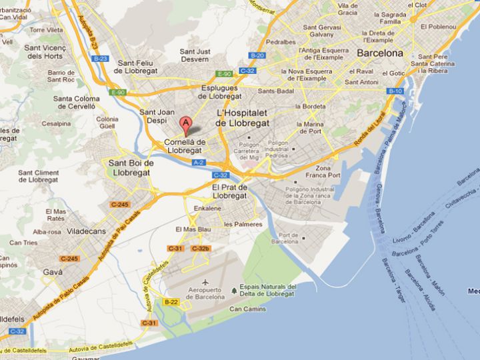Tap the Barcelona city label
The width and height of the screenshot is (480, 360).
[x=380, y=53]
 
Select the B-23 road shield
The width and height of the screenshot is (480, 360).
[x=101, y=59]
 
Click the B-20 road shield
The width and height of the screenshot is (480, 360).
[x=257, y=55]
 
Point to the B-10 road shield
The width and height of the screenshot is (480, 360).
[x=395, y=91]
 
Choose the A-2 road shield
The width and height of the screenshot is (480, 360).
[x=199, y=162]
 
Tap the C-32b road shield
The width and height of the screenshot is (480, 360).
[x=200, y=249]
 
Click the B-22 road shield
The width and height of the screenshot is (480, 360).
[x=171, y=302]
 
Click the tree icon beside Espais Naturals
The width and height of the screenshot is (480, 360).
[x=233, y=290]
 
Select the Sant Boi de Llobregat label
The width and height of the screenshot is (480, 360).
[x=131, y=167]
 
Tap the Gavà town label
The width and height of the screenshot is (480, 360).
[x=52, y=272]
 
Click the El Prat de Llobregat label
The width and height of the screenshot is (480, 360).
[x=229, y=191]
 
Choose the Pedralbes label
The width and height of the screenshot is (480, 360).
[x=280, y=41]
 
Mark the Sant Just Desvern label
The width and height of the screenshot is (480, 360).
[x=195, y=55]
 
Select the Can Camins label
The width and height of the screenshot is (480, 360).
[x=248, y=309]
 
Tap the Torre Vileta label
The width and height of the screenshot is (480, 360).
[x=45, y=29]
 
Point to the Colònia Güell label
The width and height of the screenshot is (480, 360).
[x=107, y=123]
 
